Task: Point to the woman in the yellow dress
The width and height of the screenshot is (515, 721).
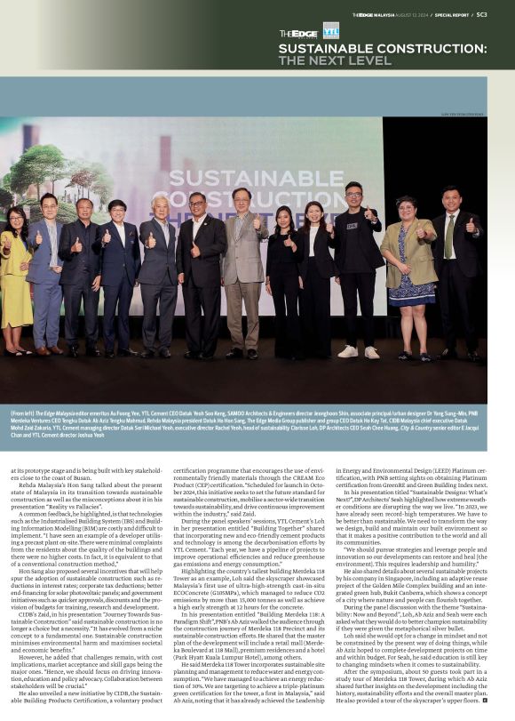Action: pyautogui.click(x=15, y=276)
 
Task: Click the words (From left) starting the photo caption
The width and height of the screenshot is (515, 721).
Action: pyautogui.click(x=24, y=414)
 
